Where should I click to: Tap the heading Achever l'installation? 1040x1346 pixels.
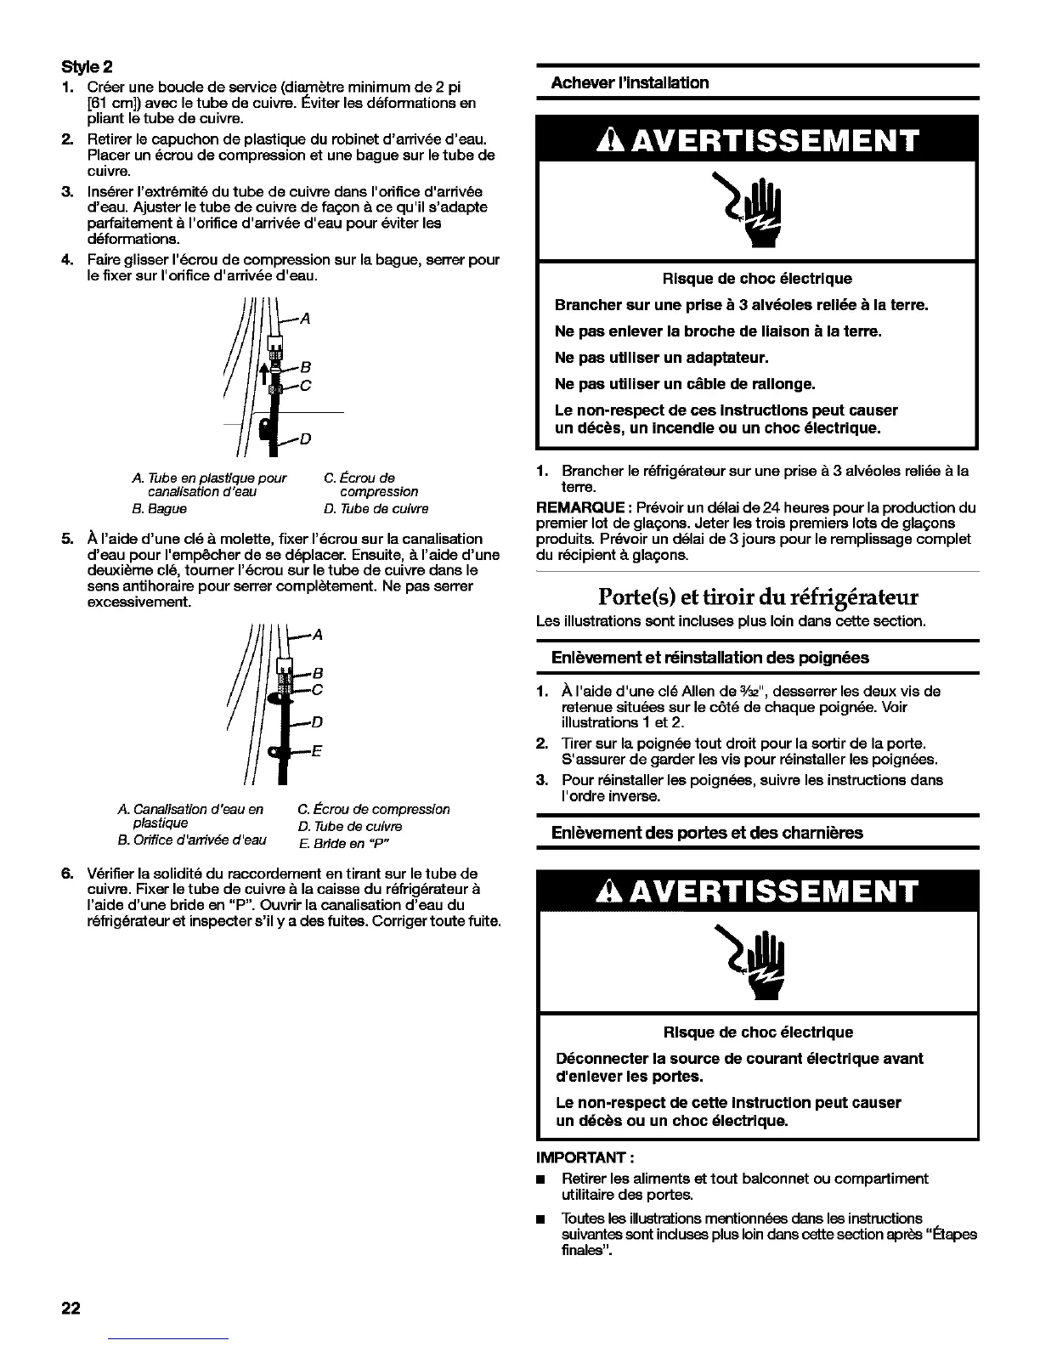tap(630, 82)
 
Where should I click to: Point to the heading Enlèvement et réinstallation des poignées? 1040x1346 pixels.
tap(710, 657)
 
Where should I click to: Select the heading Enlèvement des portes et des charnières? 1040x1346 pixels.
tap(707, 833)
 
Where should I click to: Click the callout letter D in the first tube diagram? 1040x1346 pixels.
tap(306, 438)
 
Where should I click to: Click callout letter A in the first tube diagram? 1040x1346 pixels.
tap(305, 320)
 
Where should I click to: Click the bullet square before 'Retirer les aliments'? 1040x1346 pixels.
tap(540, 1179)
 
